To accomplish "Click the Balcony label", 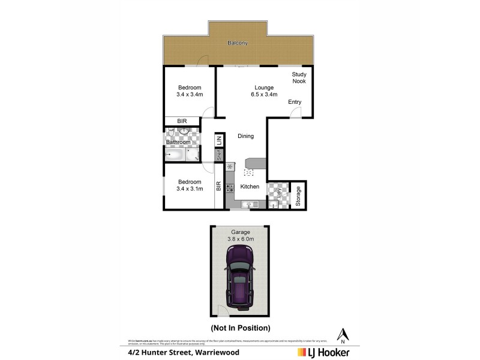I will click(x=238, y=43).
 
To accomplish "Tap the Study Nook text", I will click(x=299, y=77).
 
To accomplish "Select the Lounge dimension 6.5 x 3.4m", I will click(x=263, y=94).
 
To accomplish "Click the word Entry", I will click(x=295, y=102).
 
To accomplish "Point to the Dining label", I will click(x=245, y=136).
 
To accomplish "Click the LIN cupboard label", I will click(x=220, y=140).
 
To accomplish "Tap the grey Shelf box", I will click(x=220, y=155).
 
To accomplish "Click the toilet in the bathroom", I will click(x=171, y=133).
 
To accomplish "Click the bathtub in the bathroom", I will click(x=175, y=155).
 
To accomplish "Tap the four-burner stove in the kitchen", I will click(x=230, y=187).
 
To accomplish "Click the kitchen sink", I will click(x=248, y=205).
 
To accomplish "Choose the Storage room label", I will click(x=298, y=197).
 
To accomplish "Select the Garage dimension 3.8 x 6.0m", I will click(x=239, y=238).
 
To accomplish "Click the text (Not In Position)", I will click(x=240, y=328).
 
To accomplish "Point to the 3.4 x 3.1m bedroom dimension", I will click(x=189, y=189).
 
